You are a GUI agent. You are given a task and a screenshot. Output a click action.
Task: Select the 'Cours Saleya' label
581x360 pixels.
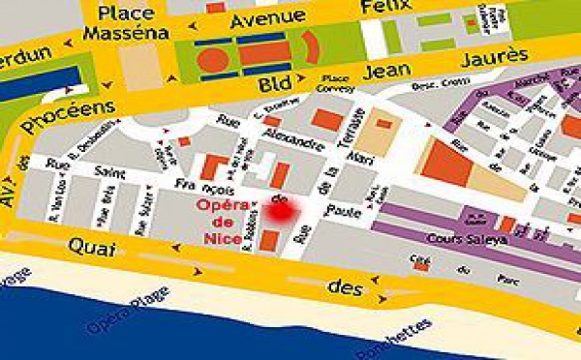click(457, 237)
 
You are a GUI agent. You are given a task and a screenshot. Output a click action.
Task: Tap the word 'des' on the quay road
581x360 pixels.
click(339, 287)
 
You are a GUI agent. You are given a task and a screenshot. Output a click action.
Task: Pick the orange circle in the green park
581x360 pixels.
click(213, 58)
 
